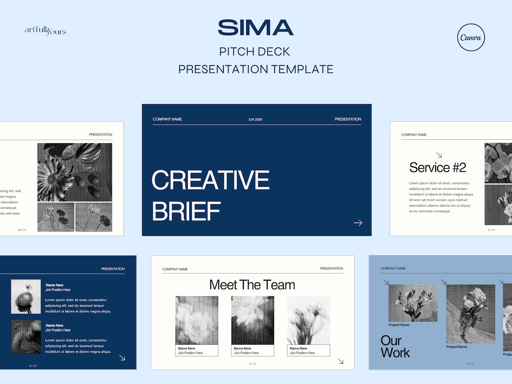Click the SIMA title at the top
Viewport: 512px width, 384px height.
(x=256, y=27)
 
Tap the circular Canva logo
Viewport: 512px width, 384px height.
(x=471, y=37)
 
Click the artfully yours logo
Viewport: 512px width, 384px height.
(x=46, y=31)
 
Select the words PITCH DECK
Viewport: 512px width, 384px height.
(x=255, y=52)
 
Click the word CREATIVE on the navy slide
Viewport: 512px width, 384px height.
(x=210, y=180)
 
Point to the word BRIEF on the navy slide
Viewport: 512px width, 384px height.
(x=186, y=211)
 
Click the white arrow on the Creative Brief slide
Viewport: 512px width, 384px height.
(x=358, y=223)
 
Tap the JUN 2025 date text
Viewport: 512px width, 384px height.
(x=255, y=119)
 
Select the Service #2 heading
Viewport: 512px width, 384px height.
(x=438, y=167)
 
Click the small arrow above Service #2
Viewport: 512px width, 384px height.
(x=439, y=155)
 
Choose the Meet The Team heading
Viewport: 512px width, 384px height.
(x=252, y=285)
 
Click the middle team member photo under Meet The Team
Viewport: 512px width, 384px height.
(x=253, y=320)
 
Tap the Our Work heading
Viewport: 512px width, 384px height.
(x=395, y=347)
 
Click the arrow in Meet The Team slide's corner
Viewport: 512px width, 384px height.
(x=340, y=361)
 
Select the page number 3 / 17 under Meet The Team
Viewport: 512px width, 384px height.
(x=253, y=364)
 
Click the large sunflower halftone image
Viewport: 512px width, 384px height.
(x=75, y=172)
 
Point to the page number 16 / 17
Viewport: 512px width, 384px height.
(x=22, y=230)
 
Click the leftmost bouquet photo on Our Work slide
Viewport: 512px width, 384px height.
(x=413, y=303)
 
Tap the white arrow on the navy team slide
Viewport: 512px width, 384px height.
(x=122, y=358)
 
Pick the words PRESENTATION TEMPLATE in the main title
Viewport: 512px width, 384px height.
(x=256, y=69)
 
